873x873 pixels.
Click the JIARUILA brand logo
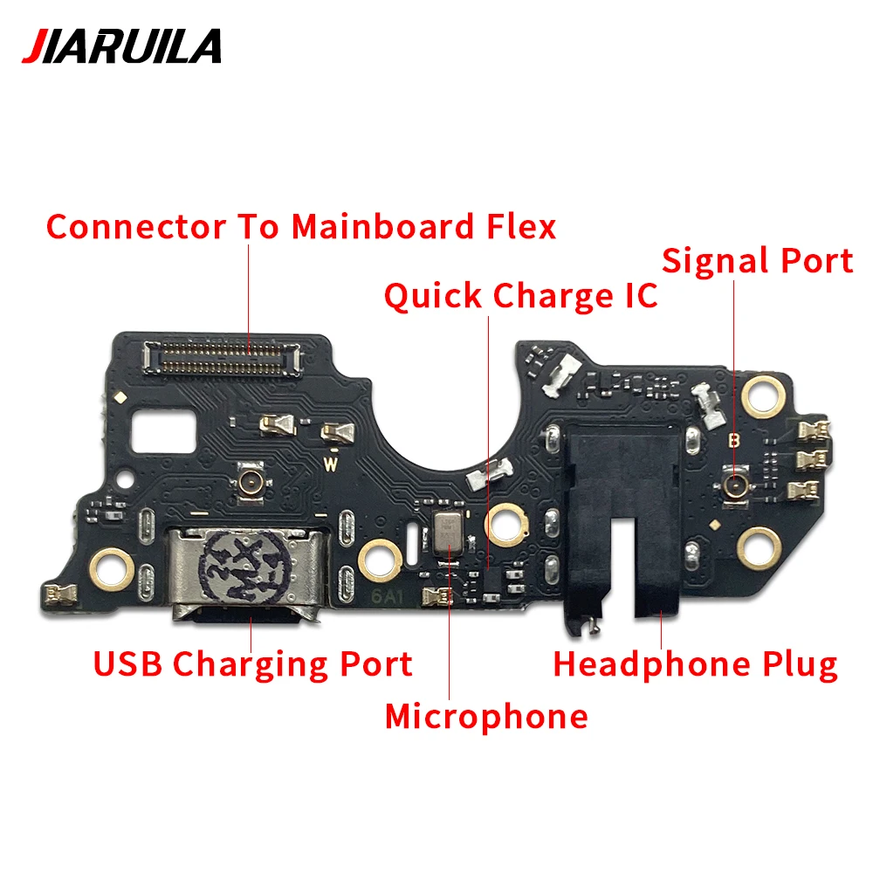click(x=122, y=46)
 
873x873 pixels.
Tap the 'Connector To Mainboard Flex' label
click(x=301, y=227)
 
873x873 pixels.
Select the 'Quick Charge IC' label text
click(x=520, y=296)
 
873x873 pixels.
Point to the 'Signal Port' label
click(x=757, y=261)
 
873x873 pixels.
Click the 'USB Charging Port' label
click(x=253, y=664)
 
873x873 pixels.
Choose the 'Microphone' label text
click(x=486, y=716)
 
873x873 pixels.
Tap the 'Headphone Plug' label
click(x=696, y=665)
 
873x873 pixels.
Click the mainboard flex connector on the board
click(x=223, y=357)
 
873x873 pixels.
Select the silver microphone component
click(x=448, y=533)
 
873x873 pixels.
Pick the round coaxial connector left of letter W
click(x=250, y=481)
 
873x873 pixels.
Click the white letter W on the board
click(x=331, y=464)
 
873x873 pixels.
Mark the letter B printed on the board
click(x=734, y=440)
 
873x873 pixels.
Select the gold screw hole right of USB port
click(x=380, y=560)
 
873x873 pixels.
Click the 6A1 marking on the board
click(x=387, y=596)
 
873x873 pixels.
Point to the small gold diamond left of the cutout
click(x=120, y=397)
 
